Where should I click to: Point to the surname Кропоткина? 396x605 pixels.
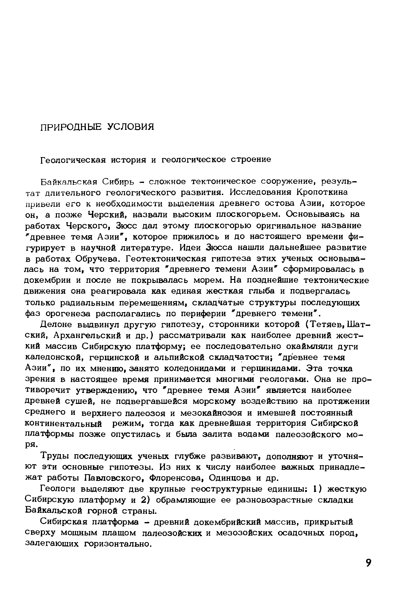coord(322,192)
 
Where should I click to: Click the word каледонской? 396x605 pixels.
coord(55,358)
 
